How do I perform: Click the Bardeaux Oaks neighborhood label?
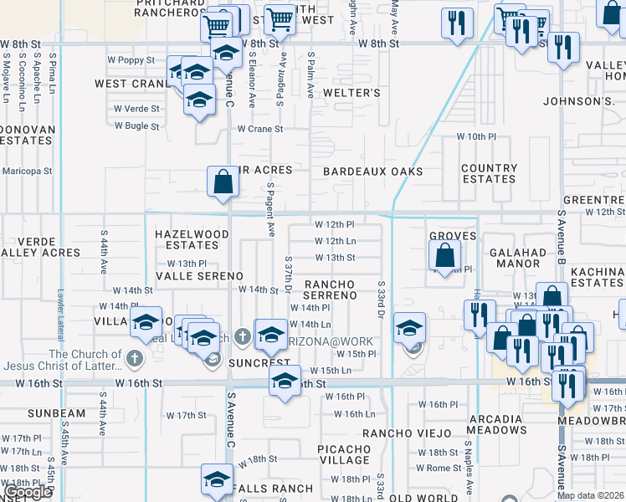372,172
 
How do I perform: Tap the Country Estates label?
489,173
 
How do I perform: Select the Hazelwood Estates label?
192,240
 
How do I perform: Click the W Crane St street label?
260,129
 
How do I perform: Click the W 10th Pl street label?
476,136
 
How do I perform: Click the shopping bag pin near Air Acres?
222,182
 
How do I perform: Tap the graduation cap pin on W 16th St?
285,381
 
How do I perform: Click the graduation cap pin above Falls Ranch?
217,480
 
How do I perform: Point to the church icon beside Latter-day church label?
136,359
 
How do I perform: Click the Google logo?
28,493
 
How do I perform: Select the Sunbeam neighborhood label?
57,413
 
